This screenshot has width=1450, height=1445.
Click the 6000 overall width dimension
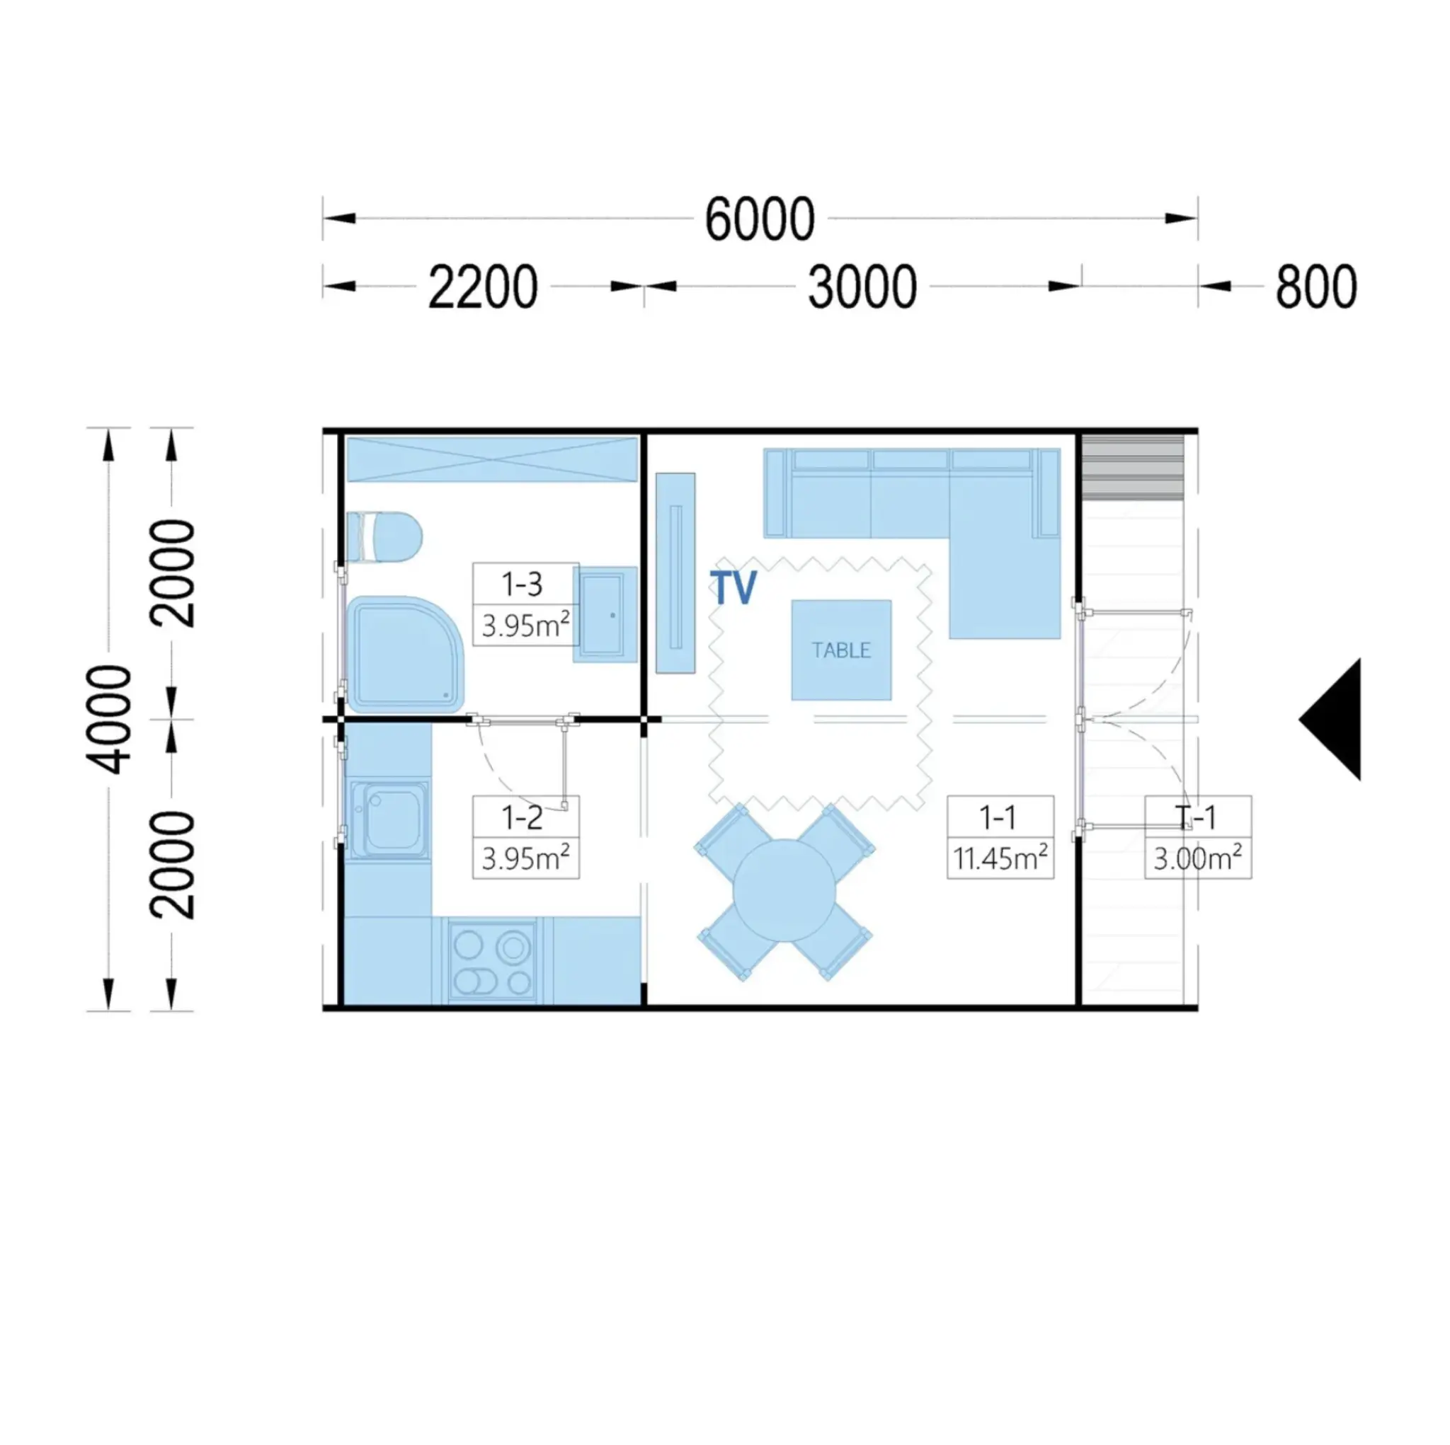[x=760, y=219]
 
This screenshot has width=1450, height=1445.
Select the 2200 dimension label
[x=483, y=287]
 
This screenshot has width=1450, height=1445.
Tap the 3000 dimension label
[x=862, y=287]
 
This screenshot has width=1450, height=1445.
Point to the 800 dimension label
[x=1316, y=287]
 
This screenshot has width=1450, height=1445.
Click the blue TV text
[x=733, y=587]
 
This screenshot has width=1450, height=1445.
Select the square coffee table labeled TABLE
[x=841, y=650]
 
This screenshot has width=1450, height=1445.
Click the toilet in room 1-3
[x=384, y=536]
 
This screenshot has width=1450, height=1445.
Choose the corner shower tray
[x=404, y=655]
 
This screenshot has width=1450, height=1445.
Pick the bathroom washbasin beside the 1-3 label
[x=605, y=614]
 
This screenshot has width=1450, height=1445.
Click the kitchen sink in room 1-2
[x=389, y=819]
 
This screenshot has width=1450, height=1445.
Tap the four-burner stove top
[x=492, y=960]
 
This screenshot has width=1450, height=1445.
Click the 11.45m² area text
[x=1000, y=858]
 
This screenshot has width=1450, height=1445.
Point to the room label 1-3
[x=523, y=585]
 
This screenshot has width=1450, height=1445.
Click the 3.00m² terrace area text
[x=1198, y=858]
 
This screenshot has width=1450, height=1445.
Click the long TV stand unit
[x=675, y=573]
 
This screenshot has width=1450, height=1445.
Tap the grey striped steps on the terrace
[x=1134, y=468]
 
